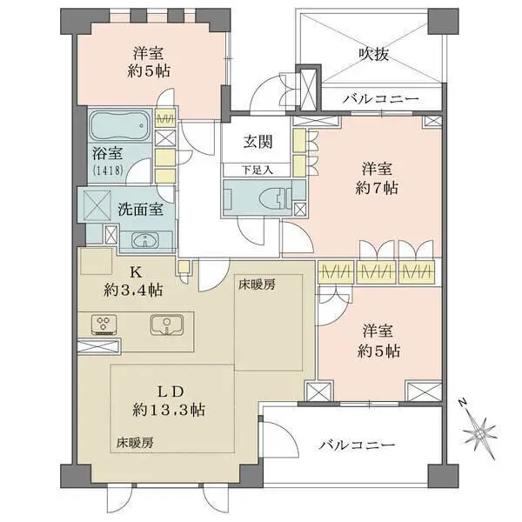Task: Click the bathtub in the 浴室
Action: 120,126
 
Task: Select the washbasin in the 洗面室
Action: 145,240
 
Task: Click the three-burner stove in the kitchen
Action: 104,325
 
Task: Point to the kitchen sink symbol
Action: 166,325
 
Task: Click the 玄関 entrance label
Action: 258,142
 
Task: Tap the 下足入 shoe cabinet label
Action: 257,171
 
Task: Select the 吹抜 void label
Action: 374,54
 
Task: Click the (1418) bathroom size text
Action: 108,171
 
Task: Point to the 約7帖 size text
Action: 377,189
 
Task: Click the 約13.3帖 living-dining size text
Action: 169,410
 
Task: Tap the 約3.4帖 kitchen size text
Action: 133,291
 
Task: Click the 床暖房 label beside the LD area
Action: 135,443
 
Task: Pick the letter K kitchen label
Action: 135,272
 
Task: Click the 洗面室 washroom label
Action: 140,210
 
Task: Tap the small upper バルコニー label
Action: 381,99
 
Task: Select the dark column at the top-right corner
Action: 443,22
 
